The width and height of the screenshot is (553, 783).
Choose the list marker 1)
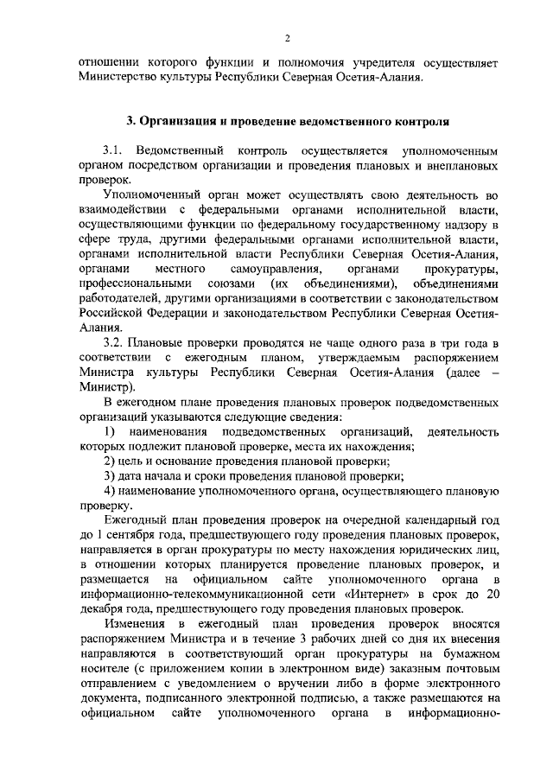pyautogui.click(x=110, y=431)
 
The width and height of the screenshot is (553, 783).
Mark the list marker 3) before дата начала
pyautogui.click(x=109, y=476)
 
